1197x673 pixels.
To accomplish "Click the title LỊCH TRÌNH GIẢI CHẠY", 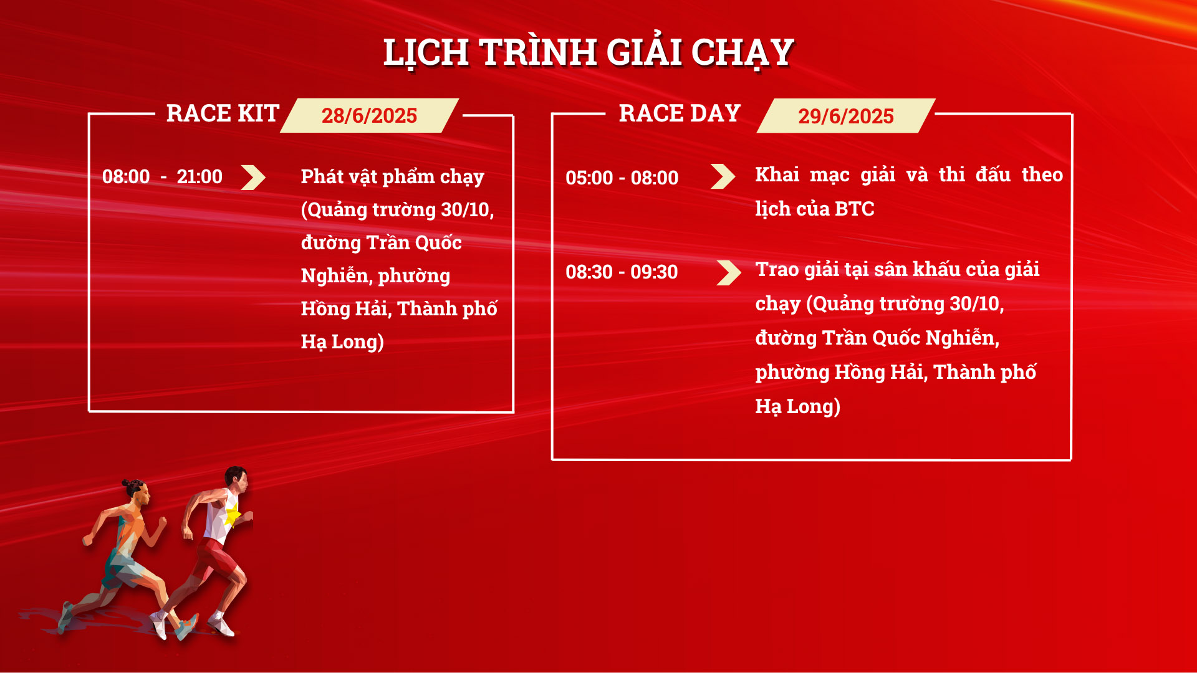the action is [x=589, y=52].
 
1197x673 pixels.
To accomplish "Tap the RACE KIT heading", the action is [x=223, y=113].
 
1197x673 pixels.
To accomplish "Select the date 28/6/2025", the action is [x=369, y=116].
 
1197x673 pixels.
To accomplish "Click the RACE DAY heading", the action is [x=680, y=113].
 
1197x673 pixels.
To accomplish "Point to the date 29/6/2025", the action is [x=846, y=117].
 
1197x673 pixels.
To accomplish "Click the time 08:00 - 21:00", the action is [x=162, y=177].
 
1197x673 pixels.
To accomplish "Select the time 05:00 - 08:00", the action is [x=622, y=178].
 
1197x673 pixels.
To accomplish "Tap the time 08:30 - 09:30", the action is [x=622, y=272].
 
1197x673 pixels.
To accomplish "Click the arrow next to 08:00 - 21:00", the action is [x=253, y=178].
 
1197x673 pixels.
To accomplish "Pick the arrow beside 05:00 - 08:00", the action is [x=723, y=176].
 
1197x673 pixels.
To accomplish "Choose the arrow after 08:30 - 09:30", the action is [x=729, y=273].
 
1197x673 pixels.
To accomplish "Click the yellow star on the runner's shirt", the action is [x=233, y=515].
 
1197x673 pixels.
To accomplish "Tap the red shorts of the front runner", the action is [x=215, y=558].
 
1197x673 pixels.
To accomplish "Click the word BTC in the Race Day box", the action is [x=854, y=209].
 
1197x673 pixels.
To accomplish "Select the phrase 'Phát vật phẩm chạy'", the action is [x=392, y=177].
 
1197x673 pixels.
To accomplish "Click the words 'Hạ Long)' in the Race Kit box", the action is [x=342, y=342].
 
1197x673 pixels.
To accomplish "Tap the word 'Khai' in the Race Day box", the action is [x=777, y=174].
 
